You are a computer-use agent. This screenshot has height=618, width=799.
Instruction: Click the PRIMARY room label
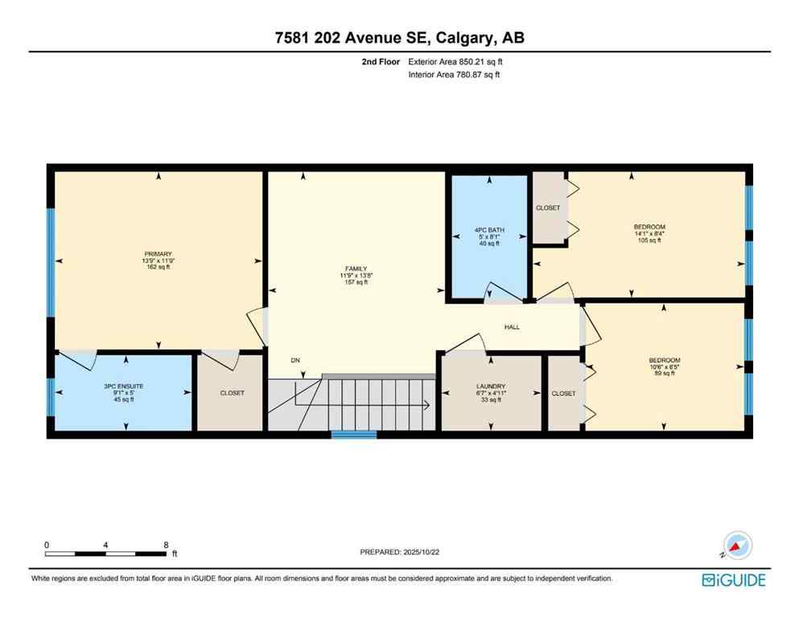pyautogui.click(x=159, y=254)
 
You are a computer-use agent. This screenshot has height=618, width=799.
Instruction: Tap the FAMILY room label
pyautogui.click(x=355, y=269)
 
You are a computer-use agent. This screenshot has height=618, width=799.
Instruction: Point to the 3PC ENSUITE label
pyautogui.click(x=123, y=386)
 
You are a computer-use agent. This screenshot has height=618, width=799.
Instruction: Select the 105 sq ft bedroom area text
pyautogui.click(x=649, y=241)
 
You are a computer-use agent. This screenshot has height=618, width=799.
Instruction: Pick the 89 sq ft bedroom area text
pyautogui.click(x=665, y=374)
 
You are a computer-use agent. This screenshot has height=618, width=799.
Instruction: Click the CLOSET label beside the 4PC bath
pyautogui.click(x=548, y=208)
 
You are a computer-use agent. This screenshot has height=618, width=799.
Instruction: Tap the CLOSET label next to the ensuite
pyautogui.click(x=232, y=393)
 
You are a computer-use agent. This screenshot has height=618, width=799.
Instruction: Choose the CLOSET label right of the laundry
pyautogui.click(x=563, y=393)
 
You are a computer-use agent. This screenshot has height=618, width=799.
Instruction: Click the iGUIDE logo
pyautogui.click(x=733, y=579)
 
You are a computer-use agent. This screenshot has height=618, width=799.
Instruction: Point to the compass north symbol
pyautogui.click(x=736, y=546)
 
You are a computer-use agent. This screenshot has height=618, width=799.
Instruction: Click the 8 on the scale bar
pyautogui.click(x=166, y=544)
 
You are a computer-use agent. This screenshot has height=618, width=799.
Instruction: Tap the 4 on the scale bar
pyautogui.click(x=106, y=544)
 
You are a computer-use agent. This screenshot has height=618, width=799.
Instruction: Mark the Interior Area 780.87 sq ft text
pyautogui.click(x=454, y=75)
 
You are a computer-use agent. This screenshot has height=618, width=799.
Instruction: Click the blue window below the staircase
pyautogui.click(x=354, y=435)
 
